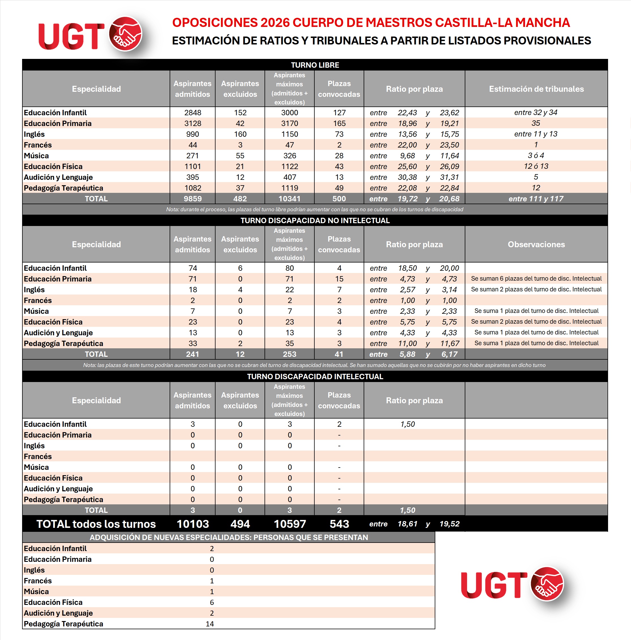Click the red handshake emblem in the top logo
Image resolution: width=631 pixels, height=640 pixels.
click(x=125, y=34)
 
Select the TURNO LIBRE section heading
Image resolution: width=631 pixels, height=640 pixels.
click(x=315, y=65)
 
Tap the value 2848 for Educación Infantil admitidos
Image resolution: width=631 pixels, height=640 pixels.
click(x=193, y=113)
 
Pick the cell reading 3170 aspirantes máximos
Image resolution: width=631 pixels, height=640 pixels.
click(x=289, y=123)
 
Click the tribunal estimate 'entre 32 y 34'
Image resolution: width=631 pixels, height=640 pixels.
click(x=536, y=113)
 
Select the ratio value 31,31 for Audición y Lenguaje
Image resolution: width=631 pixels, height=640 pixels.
click(x=449, y=177)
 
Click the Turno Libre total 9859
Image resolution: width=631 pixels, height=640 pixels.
click(x=193, y=199)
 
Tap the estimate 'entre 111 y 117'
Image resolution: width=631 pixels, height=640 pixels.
click(x=536, y=199)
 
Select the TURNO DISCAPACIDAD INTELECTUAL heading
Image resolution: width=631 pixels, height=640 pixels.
click(x=315, y=376)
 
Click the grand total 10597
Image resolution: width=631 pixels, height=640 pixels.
click(x=289, y=524)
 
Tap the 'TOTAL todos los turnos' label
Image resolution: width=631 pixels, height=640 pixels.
click(x=96, y=524)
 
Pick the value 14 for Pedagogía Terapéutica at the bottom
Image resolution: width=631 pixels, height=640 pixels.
click(x=210, y=624)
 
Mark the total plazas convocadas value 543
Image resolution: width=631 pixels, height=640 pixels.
click(x=339, y=524)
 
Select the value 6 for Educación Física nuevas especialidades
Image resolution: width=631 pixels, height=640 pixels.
click(x=212, y=602)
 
